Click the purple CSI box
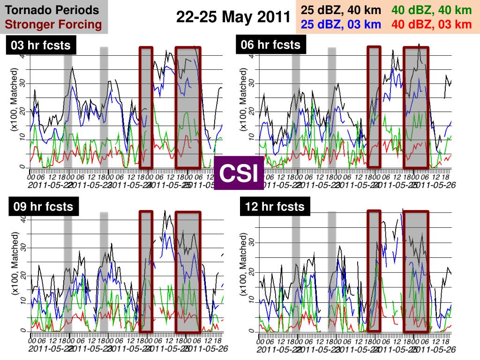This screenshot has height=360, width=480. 239,173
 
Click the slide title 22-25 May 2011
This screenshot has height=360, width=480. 233,17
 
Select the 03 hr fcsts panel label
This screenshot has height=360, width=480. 40,45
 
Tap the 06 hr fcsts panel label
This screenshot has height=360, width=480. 270,45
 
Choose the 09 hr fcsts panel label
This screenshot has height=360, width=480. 43,207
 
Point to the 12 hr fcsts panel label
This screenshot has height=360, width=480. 275,206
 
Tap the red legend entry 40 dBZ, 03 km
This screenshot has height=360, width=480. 432,24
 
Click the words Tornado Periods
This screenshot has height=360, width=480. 55,10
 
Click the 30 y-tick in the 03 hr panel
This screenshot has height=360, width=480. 22,83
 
